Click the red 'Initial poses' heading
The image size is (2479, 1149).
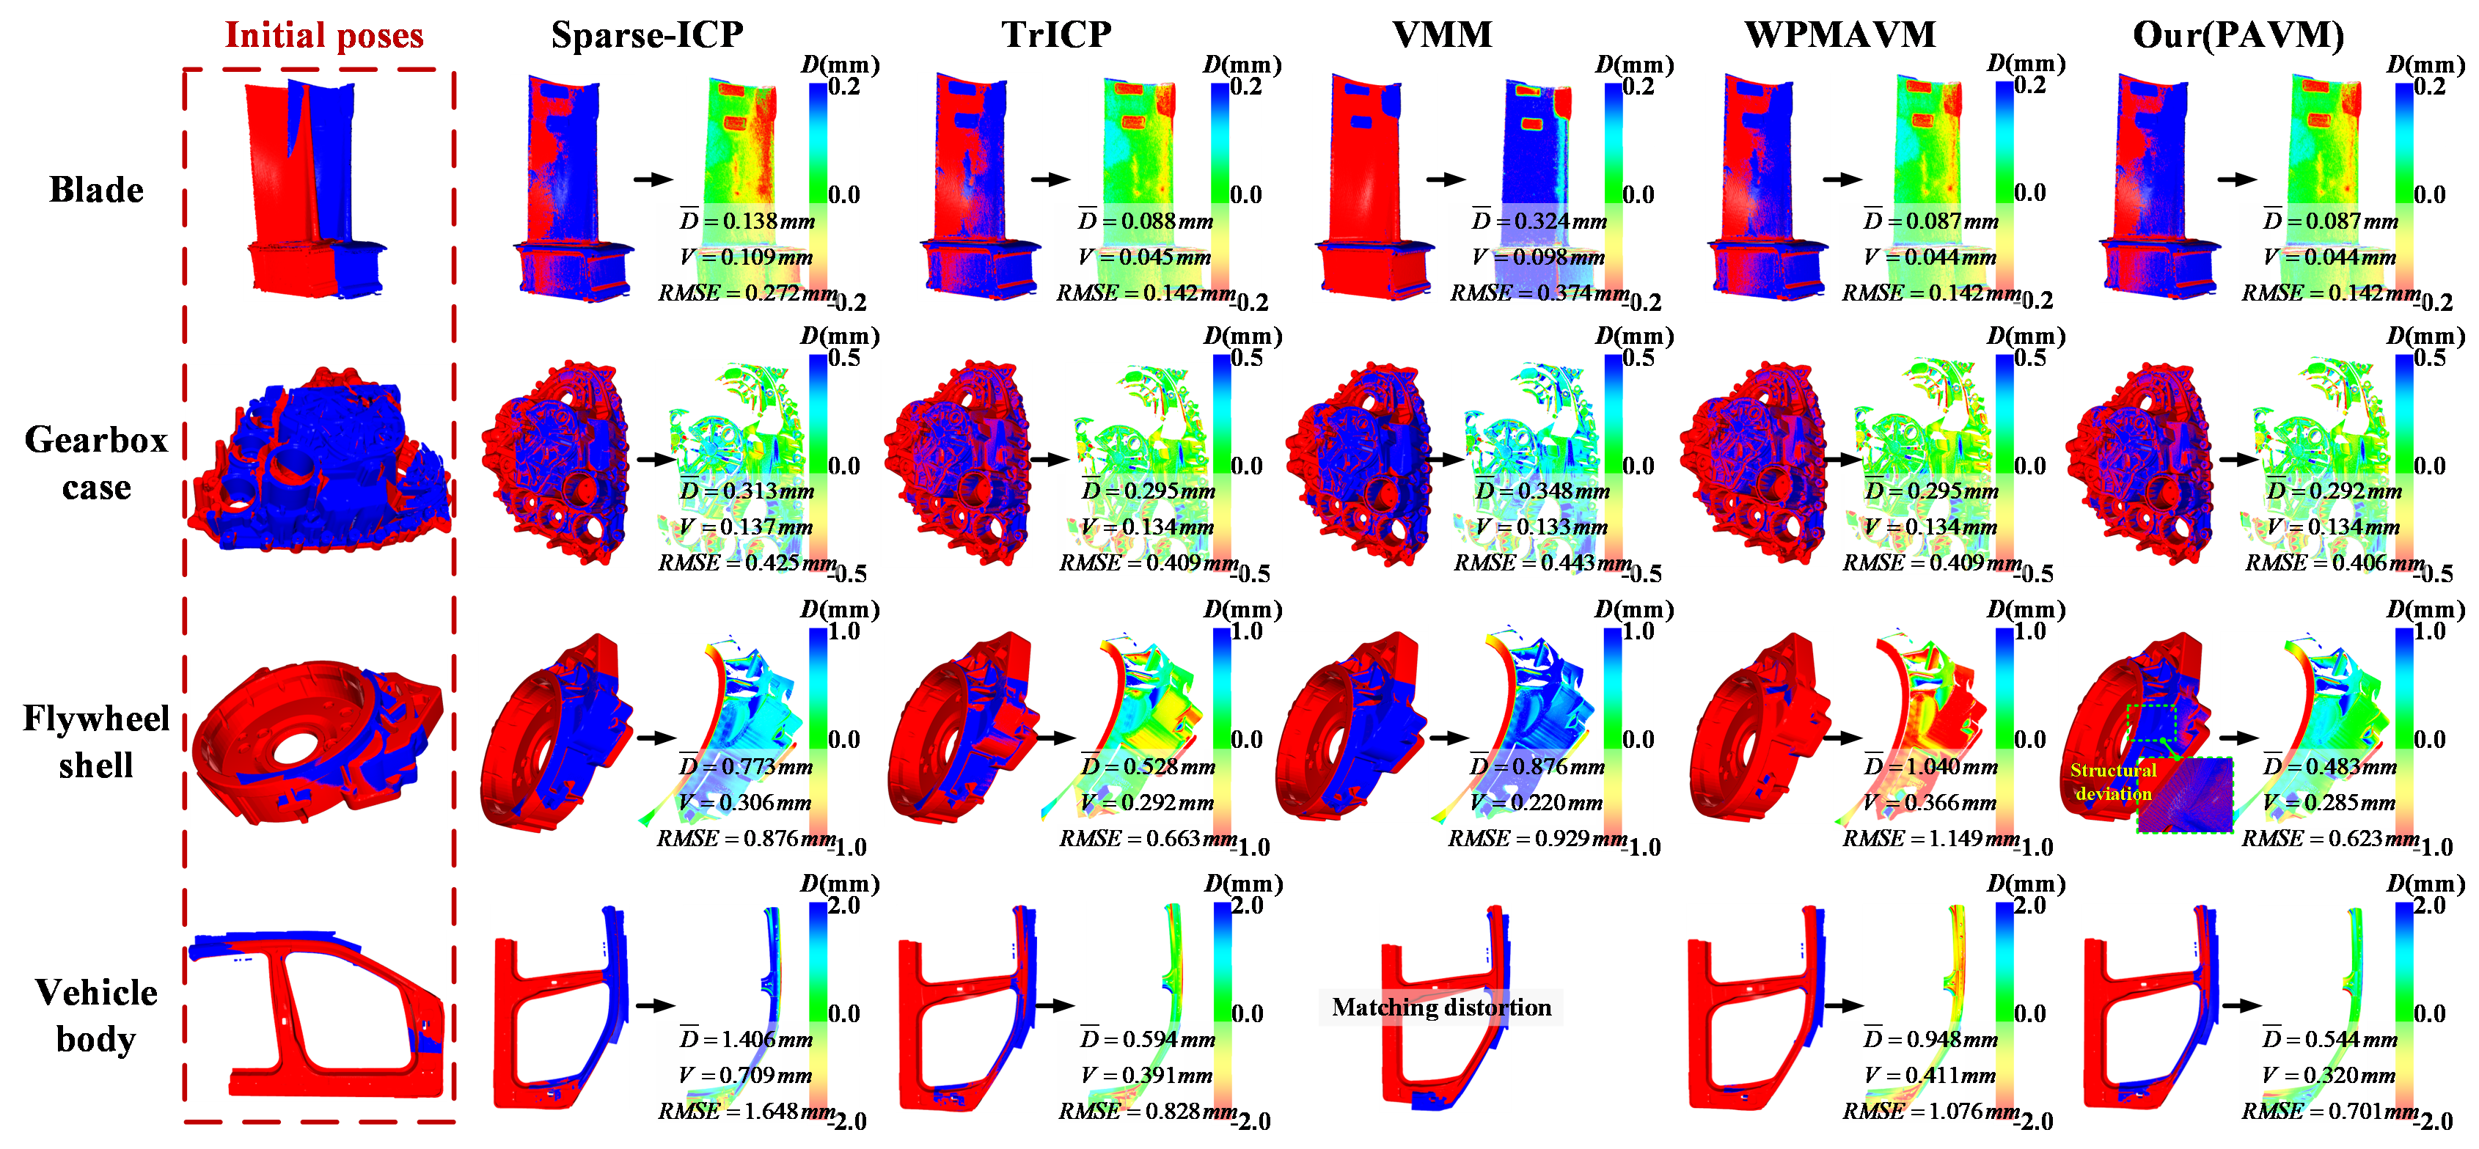click(x=323, y=36)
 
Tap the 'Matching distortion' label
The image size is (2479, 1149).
click(x=1440, y=1007)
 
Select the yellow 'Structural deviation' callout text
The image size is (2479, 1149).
click(x=2112, y=782)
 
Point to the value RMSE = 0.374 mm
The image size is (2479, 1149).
click(x=1539, y=293)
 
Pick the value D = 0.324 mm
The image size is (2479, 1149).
click(x=1539, y=221)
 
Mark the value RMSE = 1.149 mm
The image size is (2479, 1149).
click(x=1930, y=838)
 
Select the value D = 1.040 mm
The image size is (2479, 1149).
click(x=1930, y=767)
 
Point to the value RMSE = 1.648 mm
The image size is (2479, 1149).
click(x=747, y=1112)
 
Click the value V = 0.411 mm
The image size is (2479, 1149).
click(x=1930, y=1075)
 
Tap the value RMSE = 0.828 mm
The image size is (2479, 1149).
click(x=1148, y=1112)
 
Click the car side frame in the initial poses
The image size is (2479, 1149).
click(x=318, y=1016)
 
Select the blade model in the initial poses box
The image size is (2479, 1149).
click(x=315, y=190)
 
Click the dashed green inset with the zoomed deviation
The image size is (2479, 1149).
click(x=2184, y=796)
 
